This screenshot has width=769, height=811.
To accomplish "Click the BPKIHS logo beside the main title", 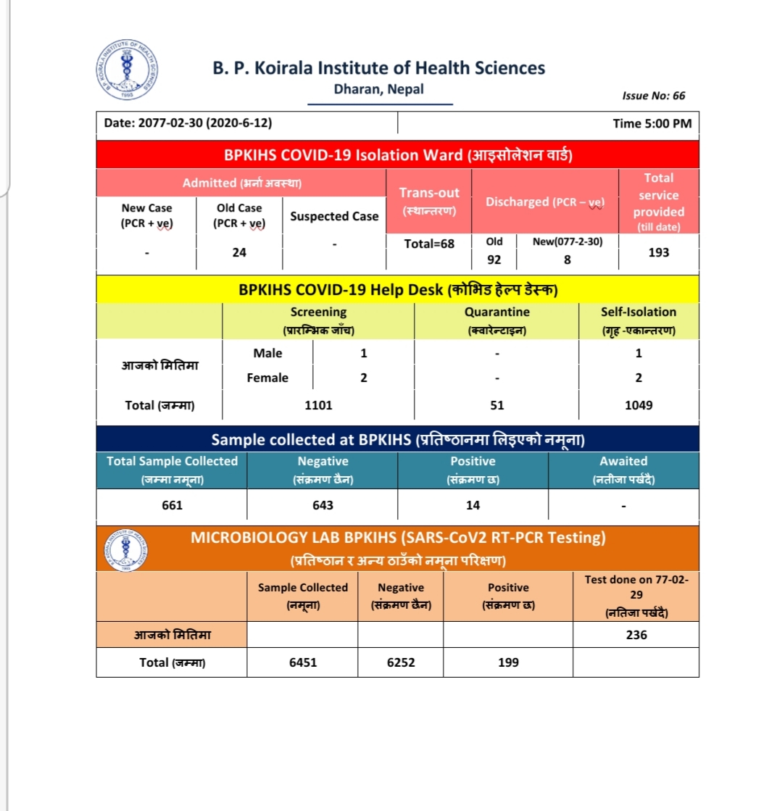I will coord(128,72).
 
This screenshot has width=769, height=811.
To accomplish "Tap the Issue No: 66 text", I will coord(653,96).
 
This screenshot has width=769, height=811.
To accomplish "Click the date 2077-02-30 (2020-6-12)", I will coord(188,123).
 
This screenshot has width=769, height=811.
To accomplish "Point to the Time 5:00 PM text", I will coord(652,123).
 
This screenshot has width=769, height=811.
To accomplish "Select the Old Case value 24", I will coord(239,252).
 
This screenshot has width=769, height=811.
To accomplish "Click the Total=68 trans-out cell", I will coord(429,244).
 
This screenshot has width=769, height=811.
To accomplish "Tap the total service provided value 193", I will coord(659,252).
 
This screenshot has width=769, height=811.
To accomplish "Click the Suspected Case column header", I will coord(334,216).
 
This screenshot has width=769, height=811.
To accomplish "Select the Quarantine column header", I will coord(496,320).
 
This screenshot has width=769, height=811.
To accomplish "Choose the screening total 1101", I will coord(318,405).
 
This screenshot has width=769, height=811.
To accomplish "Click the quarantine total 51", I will coord(496,405).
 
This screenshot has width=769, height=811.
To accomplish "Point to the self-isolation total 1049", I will coord(639,405).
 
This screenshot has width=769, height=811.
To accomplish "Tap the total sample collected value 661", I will coord(172,505).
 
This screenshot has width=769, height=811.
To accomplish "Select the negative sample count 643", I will coord(323,505).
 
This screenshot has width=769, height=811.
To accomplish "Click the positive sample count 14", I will coord(473,505).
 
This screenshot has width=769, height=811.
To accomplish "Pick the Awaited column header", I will coord(623,468).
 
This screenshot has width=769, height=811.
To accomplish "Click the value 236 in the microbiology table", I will coord(636,635).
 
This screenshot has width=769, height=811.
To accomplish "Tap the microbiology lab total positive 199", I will coord(508,662).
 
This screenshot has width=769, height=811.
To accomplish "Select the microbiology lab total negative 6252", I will coord(401,662).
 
